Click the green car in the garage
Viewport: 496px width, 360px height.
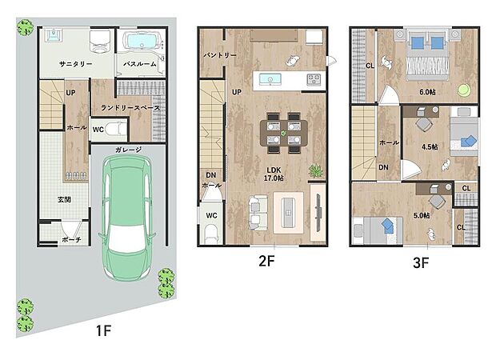(x=127, y=218)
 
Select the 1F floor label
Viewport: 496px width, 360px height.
(x=103, y=331)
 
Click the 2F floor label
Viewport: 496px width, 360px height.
(x=266, y=261)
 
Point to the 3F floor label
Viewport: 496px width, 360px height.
(x=421, y=262)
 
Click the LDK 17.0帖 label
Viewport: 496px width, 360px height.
(x=274, y=174)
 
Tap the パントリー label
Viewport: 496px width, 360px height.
(x=220, y=55)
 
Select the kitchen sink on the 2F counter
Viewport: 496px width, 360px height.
(x=270, y=79)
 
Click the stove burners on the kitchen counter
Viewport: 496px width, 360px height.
(x=314, y=79)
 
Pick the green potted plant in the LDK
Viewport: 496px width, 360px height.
(x=316, y=171)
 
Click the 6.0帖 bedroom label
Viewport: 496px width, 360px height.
(x=427, y=92)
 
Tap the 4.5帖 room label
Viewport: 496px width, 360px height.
(x=430, y=147)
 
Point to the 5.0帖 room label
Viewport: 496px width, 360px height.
(x=422, y=216)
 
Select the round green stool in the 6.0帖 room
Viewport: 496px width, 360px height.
(x=464, y=90)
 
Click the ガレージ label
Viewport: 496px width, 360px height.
(x=128, y=150)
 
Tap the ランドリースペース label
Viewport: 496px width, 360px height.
(x=130, y=108)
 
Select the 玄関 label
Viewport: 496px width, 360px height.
(x=64, y=200)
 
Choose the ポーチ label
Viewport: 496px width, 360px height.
(x=71, y=240)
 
